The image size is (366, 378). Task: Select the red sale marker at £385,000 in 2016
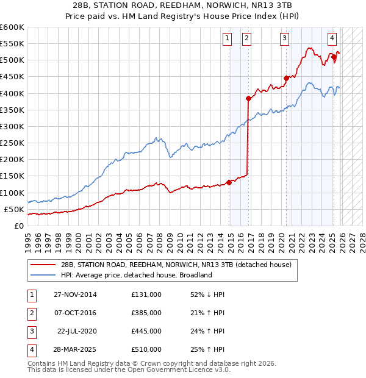tap(248, 98)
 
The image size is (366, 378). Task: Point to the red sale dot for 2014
tap(229, 182)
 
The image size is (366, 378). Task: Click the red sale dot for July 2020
tap(285, 78)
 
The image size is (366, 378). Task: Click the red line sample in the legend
tap(43, 265)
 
